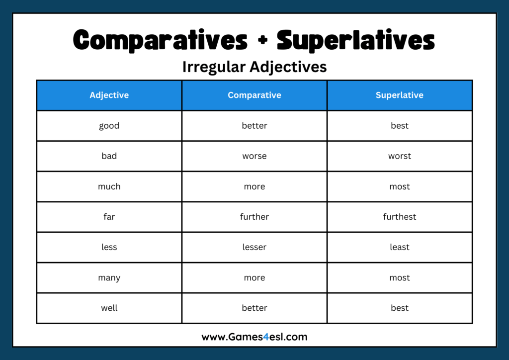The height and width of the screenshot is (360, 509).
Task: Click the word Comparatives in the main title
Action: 160,40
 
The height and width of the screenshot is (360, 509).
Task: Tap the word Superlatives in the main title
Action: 355,40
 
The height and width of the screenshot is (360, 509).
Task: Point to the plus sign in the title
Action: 262,41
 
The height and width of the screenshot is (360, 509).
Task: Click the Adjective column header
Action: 109,95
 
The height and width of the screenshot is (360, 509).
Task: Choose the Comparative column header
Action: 254,95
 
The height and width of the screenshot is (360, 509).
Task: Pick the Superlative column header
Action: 400,95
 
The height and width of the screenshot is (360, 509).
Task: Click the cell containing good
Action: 109,126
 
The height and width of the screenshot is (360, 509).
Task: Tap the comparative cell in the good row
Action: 254,126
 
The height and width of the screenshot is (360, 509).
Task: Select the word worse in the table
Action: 254,156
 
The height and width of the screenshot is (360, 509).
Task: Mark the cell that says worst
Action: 400,156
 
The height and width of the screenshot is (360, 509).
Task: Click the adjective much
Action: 109,186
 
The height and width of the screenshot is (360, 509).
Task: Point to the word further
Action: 254,217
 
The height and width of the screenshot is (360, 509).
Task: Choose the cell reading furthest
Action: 400,217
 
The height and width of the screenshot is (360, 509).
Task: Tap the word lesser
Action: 254,247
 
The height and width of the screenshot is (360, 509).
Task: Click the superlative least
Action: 400,247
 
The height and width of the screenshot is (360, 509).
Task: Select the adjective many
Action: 109,277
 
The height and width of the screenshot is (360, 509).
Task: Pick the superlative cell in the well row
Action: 400,308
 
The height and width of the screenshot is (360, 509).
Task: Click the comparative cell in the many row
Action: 254,277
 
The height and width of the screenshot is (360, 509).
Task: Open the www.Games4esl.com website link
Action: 254,337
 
